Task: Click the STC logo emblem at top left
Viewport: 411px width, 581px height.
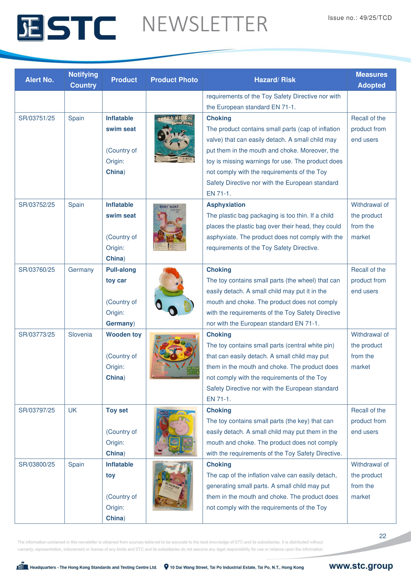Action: pos(30,28)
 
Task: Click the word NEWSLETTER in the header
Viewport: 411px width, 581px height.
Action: pos(205,24)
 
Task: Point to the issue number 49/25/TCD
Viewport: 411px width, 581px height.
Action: pos(360,18)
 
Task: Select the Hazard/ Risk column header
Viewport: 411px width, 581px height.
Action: pos(275,80)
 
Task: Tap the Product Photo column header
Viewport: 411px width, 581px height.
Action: pos(174,80)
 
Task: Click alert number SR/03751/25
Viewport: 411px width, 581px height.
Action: pos(37,118)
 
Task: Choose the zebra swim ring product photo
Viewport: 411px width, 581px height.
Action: pos(174,138)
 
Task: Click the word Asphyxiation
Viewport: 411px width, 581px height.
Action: pos(226,205)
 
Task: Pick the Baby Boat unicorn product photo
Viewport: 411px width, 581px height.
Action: pos(169,227)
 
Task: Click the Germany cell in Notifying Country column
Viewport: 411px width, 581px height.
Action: pos(81,270)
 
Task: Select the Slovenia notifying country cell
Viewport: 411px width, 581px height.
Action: pos(80,334)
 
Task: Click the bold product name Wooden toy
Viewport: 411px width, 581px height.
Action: pos(123,334)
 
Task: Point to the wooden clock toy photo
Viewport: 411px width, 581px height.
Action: pos(174,355)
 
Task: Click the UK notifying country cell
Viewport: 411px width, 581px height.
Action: pos(72,410)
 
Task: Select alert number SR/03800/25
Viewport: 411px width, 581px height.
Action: pos(37,464)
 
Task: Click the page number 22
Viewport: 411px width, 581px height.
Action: pos(382,536)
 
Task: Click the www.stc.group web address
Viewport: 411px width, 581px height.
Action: pos(361,566)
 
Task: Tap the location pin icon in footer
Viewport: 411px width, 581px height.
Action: pos(166,567)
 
